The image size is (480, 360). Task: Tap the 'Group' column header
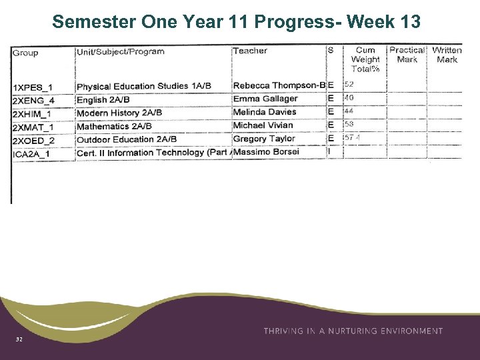click(25, 53)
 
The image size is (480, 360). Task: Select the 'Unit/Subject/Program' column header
click(121, 51)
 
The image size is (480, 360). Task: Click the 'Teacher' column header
click(250, 51)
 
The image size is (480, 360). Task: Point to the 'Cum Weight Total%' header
click(365, 59)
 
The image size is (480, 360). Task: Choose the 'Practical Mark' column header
click(407, 55)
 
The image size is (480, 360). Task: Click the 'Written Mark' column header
click(447, 55)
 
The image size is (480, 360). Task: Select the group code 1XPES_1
click(33, 87)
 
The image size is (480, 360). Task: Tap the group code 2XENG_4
click(33, 101)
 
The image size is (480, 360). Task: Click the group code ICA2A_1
click(31, 154)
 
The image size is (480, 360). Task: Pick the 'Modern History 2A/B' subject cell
click(119, 113)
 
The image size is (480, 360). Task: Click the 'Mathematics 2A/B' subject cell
click(114, 126)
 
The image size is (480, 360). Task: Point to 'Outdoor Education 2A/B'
click(127, 139)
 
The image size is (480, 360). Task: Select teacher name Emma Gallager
click(265, 99)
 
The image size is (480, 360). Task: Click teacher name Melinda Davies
click(265, 112)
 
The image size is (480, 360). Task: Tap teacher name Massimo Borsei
click(266, 152)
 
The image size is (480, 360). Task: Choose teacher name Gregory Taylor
click(264, 139)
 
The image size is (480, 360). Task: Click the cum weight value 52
click(349, 85)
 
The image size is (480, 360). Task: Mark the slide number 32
click(19, 340)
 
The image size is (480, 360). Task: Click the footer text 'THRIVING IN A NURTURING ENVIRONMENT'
click(353, 331)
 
